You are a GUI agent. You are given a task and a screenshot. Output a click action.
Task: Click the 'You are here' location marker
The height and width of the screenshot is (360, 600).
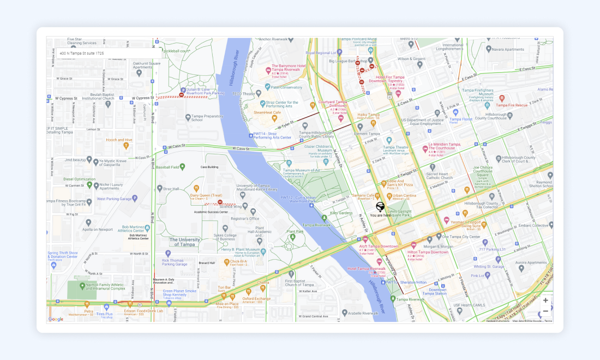380,207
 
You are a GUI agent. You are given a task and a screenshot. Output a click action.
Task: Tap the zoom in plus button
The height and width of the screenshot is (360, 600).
545,301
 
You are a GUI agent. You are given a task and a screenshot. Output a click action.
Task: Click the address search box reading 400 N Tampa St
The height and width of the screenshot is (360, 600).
109,53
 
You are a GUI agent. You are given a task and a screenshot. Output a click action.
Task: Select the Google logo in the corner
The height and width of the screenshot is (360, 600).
56,319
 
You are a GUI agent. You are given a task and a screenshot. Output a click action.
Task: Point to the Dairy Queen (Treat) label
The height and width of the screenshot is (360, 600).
206,195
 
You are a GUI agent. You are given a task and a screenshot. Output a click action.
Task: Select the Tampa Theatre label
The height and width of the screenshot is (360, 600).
395,147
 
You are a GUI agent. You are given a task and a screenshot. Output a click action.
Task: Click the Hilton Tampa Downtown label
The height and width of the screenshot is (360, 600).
428,252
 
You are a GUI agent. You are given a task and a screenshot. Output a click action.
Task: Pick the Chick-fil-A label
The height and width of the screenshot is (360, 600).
238,261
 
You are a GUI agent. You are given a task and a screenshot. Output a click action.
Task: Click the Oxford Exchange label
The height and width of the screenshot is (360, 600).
256,298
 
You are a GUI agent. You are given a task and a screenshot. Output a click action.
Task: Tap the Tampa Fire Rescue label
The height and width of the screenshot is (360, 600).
511,105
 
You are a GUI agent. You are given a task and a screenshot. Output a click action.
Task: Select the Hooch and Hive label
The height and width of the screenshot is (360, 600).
119,140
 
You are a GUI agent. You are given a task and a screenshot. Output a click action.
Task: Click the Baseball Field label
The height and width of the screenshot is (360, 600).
167,166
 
